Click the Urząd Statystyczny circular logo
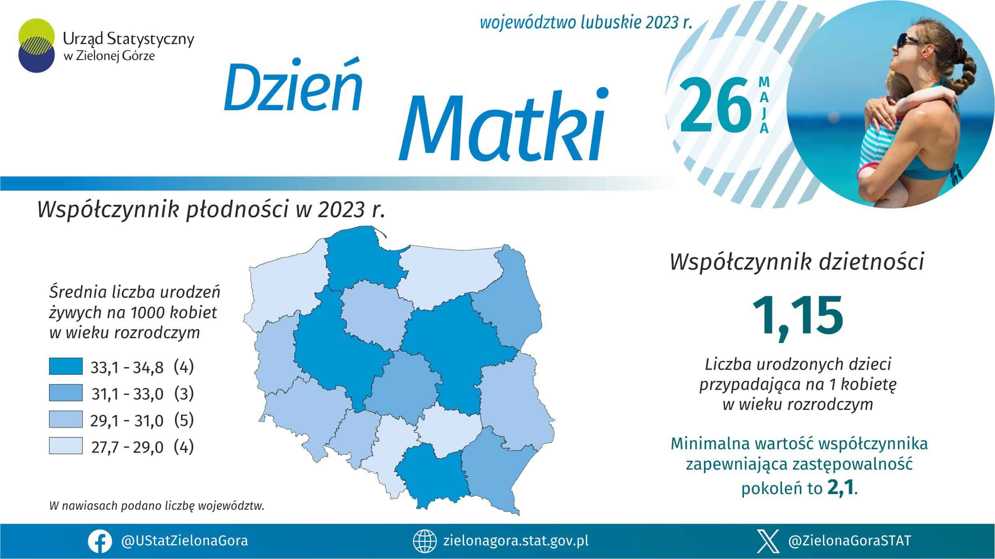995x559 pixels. click(36, 45)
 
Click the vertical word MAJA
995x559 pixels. click(764, 105)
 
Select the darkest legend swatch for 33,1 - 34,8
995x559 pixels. click(66, 366)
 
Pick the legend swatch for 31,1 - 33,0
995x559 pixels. click(66, 393)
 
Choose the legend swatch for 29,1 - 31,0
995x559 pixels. click(66, 419)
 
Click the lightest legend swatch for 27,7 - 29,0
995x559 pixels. click(66, 446)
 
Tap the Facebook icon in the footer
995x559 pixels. click(100, 541)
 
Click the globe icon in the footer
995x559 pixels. click(425, 541)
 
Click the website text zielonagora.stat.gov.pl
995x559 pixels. click(516, 541)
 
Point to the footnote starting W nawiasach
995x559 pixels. click(157, 506)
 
